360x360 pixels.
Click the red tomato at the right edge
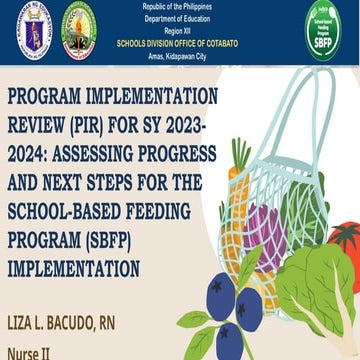345,244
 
